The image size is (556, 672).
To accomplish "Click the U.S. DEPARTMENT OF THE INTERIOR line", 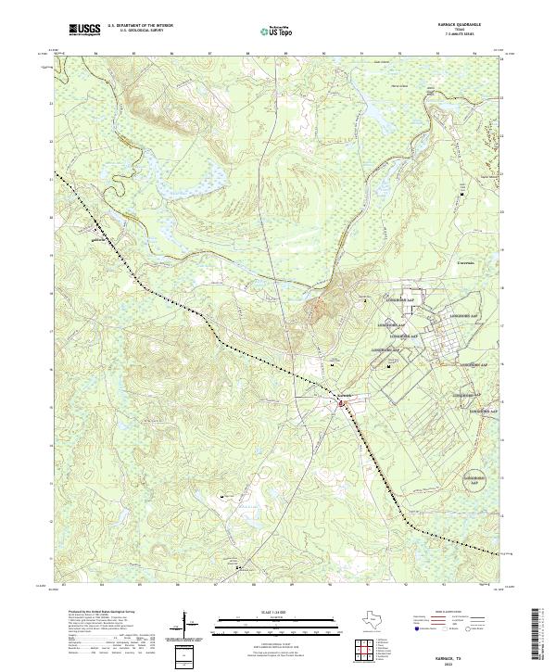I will tap(140, 27).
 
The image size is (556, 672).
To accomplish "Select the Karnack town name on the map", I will tap(344, 395).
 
